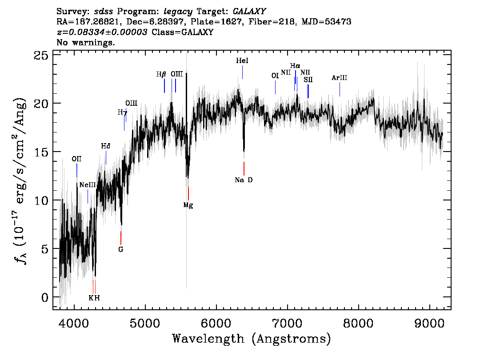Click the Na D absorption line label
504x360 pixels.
pyautogui.click(x=244, y=180)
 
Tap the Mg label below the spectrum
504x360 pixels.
pyautogui.click(x=188, y=205)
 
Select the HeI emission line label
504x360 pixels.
pyautogui.click(x=242, y=60)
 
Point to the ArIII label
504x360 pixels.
pyautogui.click(x=340, y=78)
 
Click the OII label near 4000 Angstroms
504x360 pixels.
pyautogui.click(x=76, y=159)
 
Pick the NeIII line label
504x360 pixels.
pyautogui.click(x=88, y=185)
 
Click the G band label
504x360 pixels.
pyautogui.click(x=121, y=249)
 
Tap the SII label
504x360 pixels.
pyautogui.click(x=308, y=80)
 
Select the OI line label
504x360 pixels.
pyautogui.click(x=275, y=76)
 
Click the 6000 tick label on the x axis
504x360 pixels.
pyautogui.click(x=216, y=324)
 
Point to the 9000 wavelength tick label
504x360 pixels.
pyautogui.click(x=429, y=324)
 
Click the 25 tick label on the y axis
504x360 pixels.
pyautogui.click(x=41, y=55)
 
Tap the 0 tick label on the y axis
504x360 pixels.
pyautogui.click(x=45, y=297)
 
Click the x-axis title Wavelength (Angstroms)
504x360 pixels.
pyautogui.click(x=252, y=339)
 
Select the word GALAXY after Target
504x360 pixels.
pyautogui.click(x=249, y=11)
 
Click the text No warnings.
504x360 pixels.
pyautogui.click(x=85, y=42)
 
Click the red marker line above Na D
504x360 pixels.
pyautogui.click(x=244, y=168)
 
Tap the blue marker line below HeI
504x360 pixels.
pyautogui.click(x=242, y=72)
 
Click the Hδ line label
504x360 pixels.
pyautogui.click(x=106, y=146)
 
